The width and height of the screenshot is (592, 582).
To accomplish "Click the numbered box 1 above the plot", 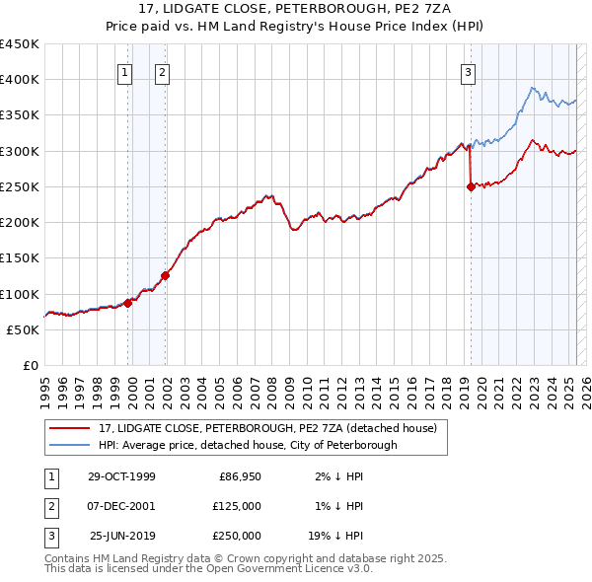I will tap(126, 71).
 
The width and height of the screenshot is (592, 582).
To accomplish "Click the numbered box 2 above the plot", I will tap(162, 71).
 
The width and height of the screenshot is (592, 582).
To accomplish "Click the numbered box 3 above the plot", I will tap(468, 71).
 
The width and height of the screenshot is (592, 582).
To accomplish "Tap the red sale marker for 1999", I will tap(128, 304).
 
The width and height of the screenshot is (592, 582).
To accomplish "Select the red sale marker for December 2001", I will tap(165, 276).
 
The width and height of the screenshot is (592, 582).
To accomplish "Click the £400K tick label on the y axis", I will tap(20, 80).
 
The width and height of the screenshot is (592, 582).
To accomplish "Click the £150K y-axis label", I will tap(20, 258).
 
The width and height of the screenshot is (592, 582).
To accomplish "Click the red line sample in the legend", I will tap(69, 428).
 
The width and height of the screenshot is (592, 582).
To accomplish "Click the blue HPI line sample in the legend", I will tap(69, 445).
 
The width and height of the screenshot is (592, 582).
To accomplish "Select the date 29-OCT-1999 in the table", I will tap(121, 477).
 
